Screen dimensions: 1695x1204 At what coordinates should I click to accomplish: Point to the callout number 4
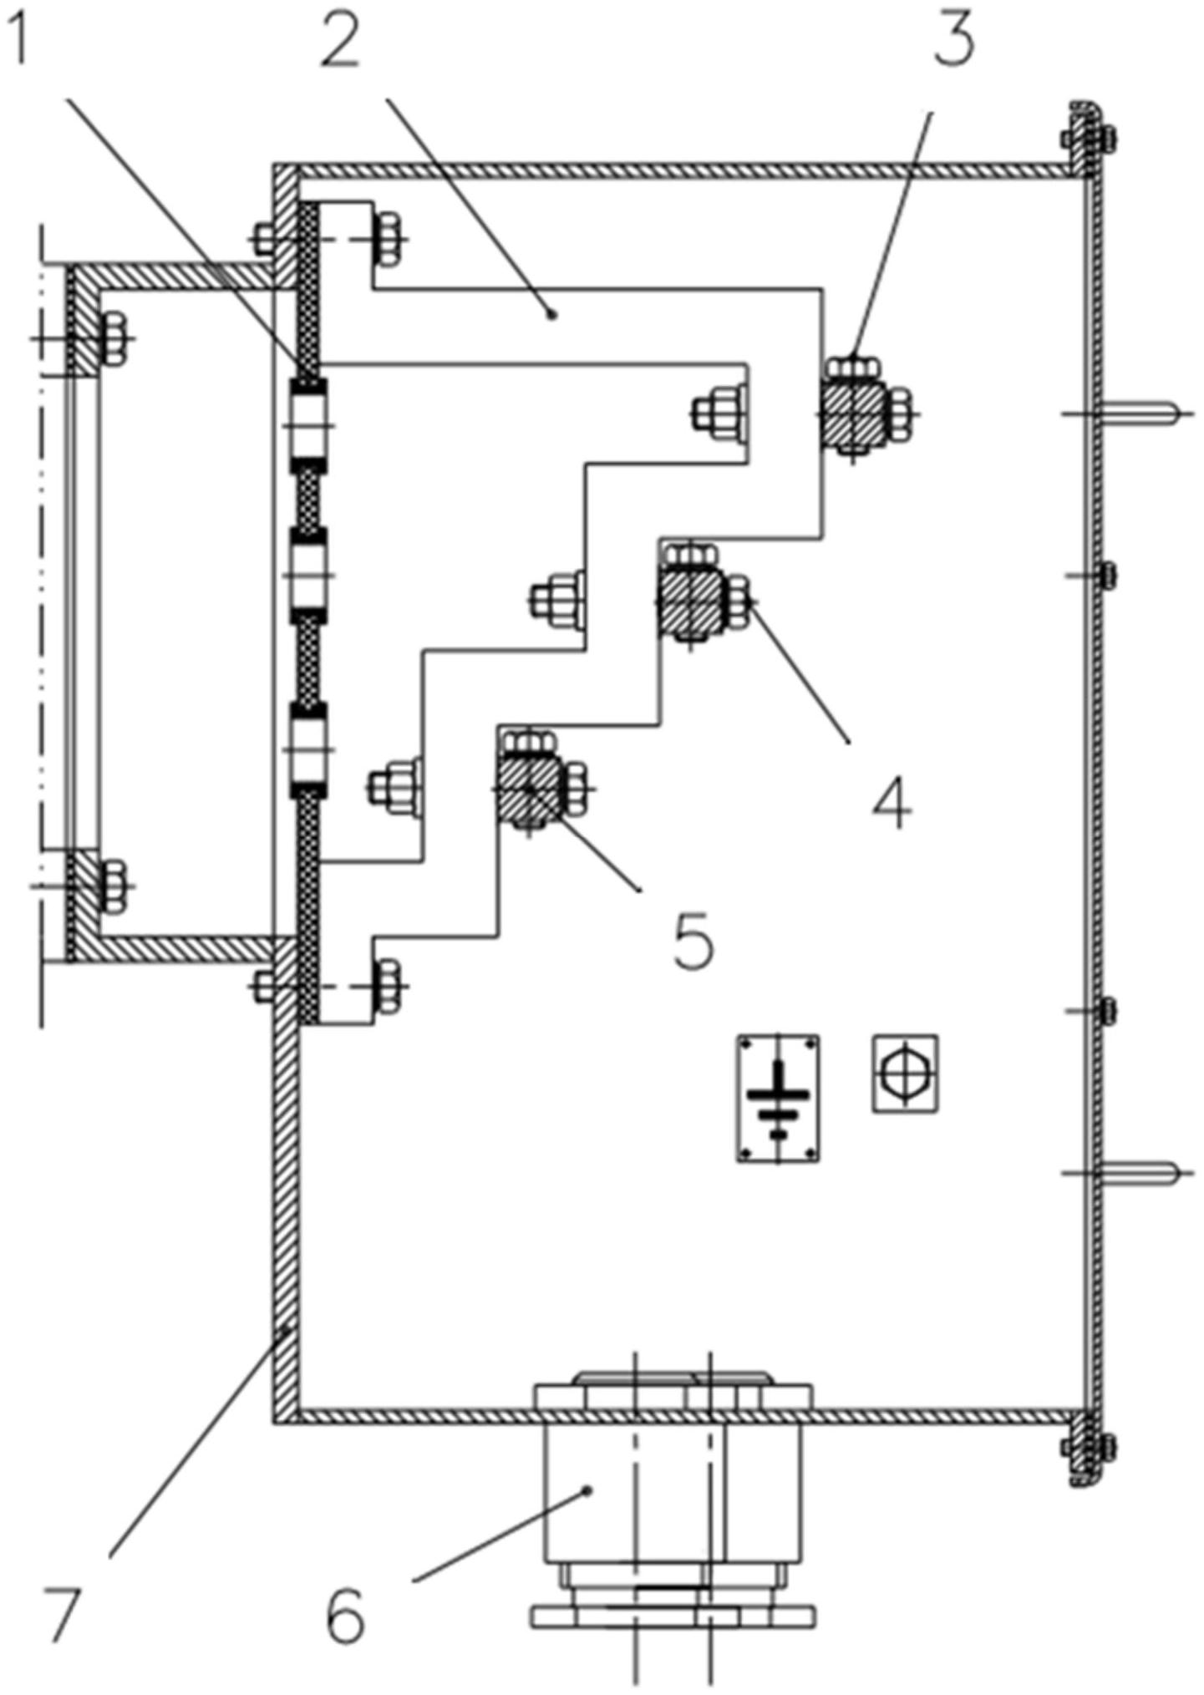coord(892,803)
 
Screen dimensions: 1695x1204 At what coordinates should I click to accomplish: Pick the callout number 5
coord(693,940)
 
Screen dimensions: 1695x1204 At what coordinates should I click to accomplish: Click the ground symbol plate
coord(778,1098)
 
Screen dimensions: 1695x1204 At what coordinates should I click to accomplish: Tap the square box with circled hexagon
coord(905,1073)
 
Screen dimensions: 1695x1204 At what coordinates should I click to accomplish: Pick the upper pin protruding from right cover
coord(1145,412)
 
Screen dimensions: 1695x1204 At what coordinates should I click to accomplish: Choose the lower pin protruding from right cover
coord(1145,1173)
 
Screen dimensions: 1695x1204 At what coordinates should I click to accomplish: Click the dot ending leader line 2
coord(551,314)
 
